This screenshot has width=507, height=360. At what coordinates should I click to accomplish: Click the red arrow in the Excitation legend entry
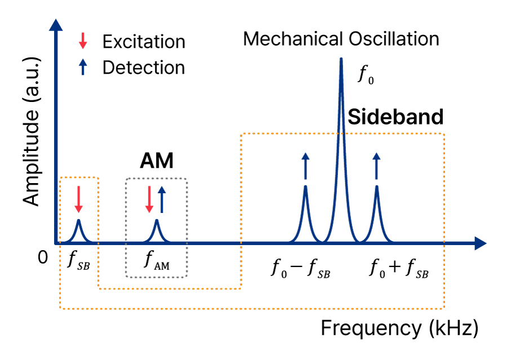coord(83,41)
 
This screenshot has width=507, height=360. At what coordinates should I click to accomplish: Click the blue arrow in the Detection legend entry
coord(83,68)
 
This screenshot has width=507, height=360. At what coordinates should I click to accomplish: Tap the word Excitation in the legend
coord(144,42)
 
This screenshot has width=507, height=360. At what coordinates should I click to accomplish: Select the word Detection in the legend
coord(144,68)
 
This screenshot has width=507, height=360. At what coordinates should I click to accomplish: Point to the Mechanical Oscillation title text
coord(341,39)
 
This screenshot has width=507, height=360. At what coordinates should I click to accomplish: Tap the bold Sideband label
coord(395,117)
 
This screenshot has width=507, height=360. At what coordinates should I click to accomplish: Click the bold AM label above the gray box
coord(157,162)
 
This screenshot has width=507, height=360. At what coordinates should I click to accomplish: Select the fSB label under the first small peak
coord(78,260)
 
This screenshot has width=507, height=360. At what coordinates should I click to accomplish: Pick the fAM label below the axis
coord(157,260)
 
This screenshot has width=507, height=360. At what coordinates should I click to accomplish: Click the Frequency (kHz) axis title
coord(399,328)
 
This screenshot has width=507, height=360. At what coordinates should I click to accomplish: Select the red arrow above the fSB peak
coord(78,199)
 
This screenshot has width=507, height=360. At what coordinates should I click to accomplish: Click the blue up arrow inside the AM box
coord(162,199)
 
